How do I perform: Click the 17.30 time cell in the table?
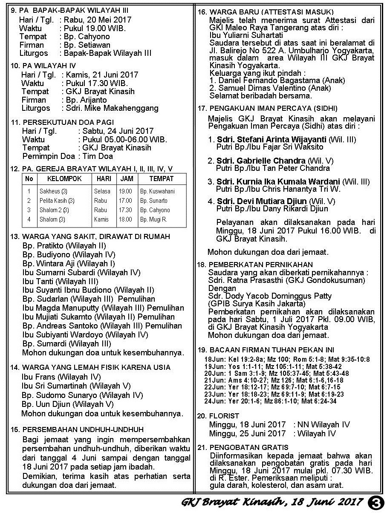pos(125,210)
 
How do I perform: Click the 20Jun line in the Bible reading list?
pos(277,373)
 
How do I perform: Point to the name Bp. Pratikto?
pos(43,245)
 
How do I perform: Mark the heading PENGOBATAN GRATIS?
pos(249,447)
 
